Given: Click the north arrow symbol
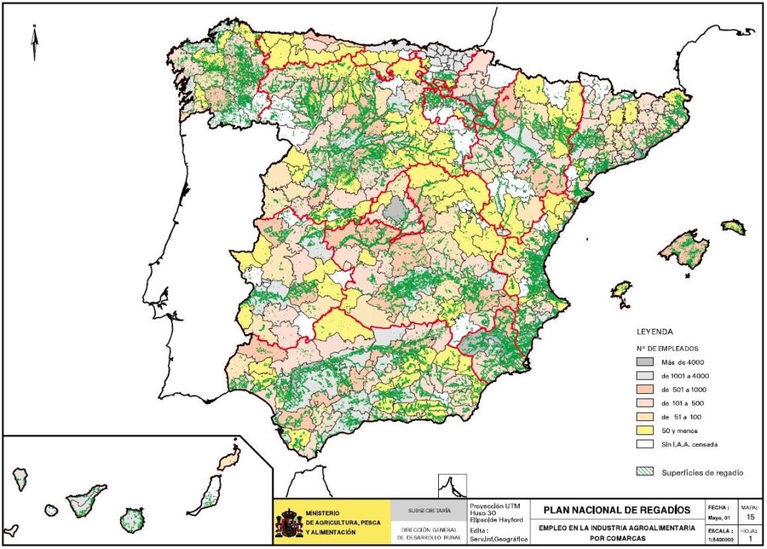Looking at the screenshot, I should pyautogui.click(x=34, y=42).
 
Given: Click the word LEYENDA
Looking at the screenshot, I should pyautogui.click(x=654, y=331).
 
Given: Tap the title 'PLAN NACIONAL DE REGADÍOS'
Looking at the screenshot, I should pyautogui.click(x=611, y=510).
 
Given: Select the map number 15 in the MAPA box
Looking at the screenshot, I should pyautogui.click(x=750, y=516).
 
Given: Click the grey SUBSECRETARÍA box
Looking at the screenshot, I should pyautogui.click(x=429, y=511).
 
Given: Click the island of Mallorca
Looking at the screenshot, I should pyautogui.click(x=684, y=250).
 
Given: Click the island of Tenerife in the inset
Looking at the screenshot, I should pyautogui.click(x=87, y=500).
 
